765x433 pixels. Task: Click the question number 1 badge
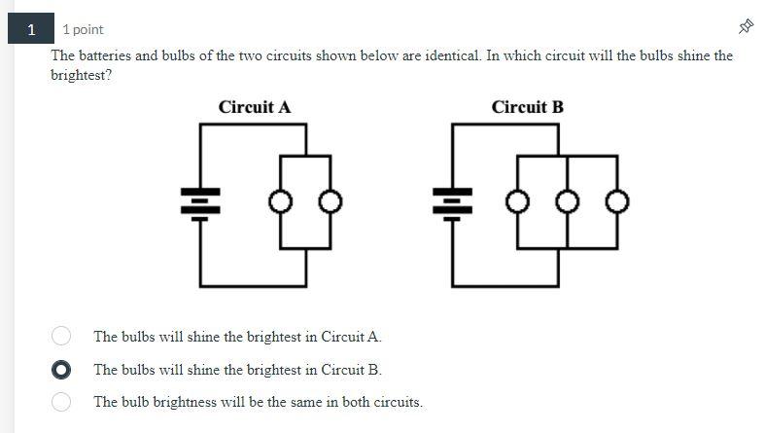[x=31, y=29]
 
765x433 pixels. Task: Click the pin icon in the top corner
[x=746, y=26]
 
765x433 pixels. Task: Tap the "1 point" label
[x=83, y=30]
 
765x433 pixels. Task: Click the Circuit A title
[x=255, y=107]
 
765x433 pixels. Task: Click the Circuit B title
[x=527, y=107]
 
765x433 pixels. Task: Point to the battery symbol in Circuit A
[x=200, y=202]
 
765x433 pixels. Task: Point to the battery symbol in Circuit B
[x=452, y=202]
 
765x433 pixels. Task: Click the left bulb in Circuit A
[x=281, y=202]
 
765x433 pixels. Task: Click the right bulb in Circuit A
[x=331, y=202]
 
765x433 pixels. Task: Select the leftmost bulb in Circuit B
[x=517, y=202]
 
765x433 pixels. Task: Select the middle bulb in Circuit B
[x=567, y=202]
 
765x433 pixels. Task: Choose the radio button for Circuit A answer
[x=61, y=336]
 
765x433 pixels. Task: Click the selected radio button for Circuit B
[x=61, y=370]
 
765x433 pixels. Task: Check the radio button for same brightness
[x=61, y=401]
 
